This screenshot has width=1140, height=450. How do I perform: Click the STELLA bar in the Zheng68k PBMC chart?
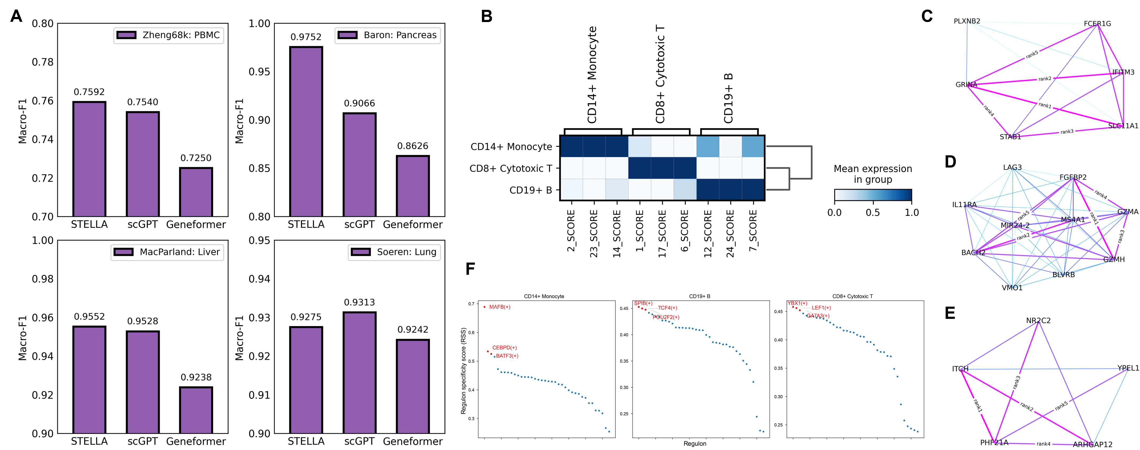pos(89,160)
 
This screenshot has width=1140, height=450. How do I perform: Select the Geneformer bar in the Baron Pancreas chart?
pos(412,186)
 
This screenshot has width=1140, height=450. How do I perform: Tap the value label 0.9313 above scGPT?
pos(359,302)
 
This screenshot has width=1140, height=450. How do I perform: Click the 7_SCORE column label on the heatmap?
pos(753,231)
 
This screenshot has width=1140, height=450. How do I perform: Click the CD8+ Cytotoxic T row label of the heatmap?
pos(511,168)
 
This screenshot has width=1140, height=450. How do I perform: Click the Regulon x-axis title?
pos(695,443)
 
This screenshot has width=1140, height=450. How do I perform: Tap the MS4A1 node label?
pos(1073,220)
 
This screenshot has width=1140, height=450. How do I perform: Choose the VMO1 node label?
pos(1012,288)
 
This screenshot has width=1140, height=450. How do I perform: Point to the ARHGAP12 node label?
pos(1092,444)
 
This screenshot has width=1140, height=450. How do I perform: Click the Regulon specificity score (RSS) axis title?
pos(463,371)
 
